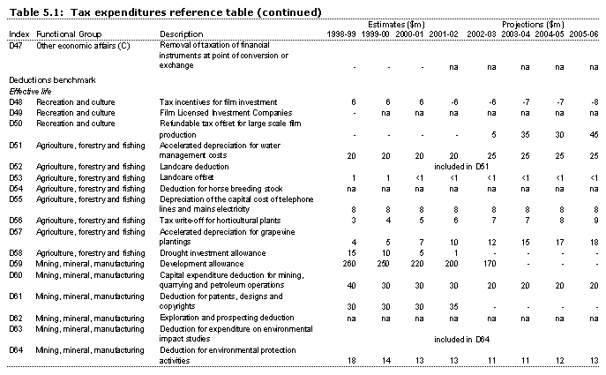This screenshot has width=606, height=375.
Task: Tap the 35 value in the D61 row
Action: [454, 305]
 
